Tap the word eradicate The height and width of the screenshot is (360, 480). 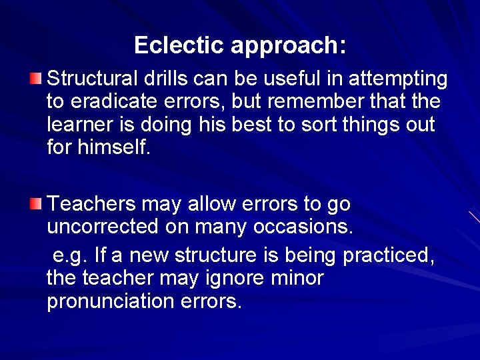pyautogui.click(x=115, y=102)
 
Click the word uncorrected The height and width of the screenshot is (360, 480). pyautogui.click(x=102, y=226)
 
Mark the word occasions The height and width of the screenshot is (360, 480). pyautogui.click(x=302, y=226)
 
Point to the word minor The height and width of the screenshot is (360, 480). pyautogui.click(x=297, y=278)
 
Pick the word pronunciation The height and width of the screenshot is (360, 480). pyautogui.click(x=111, y=301)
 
